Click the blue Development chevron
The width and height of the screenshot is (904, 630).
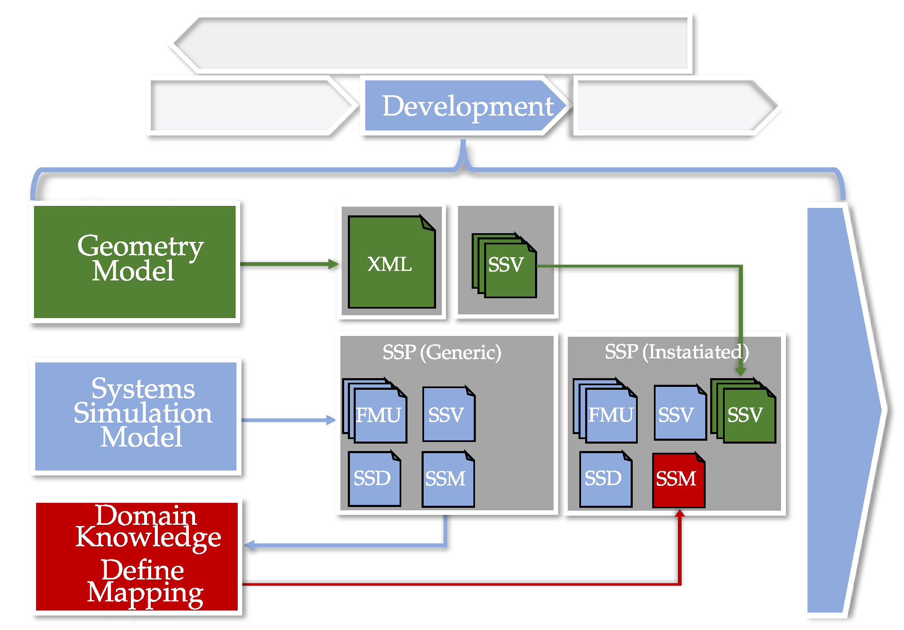tap(464, 106)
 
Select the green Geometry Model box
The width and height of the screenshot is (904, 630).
tap(135, 262)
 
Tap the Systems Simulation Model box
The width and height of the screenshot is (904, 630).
tap(136, 416)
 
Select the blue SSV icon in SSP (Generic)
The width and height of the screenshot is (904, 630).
tap(448, 414)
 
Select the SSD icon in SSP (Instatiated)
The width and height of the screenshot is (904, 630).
tap(605, 480)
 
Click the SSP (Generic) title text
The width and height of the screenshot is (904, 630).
tap(441, 352)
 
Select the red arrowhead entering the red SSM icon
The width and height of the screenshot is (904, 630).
tap(680, 514)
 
